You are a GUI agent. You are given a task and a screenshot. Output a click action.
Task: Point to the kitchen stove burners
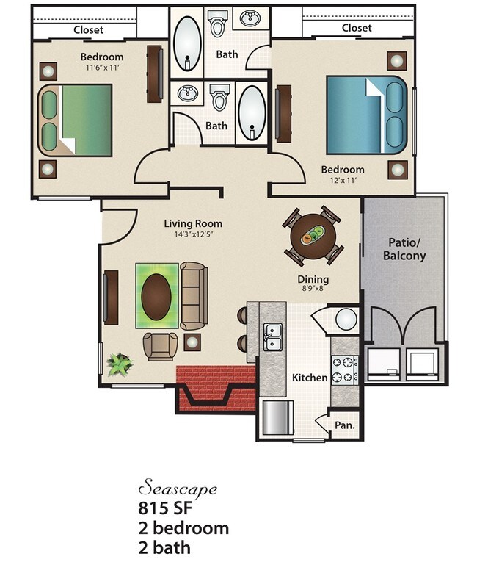344,370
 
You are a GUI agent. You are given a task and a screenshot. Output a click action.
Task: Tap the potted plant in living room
119,363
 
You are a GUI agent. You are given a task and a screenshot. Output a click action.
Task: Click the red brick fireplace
215,386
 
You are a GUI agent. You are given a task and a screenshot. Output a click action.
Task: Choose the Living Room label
193,223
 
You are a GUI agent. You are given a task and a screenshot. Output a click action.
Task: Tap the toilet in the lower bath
218,97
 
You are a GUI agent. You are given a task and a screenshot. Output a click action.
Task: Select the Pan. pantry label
344,425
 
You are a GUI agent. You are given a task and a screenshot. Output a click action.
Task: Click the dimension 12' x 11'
343,181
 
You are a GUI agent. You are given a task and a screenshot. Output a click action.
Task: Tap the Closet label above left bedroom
88,30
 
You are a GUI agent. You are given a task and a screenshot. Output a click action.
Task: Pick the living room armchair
160,345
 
